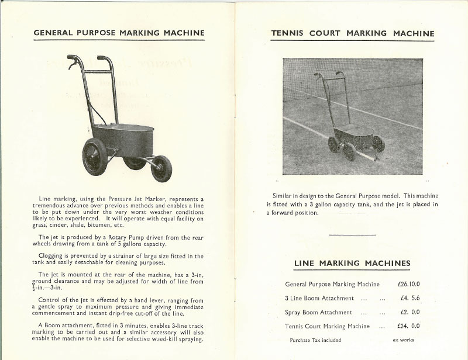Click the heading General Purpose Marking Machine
pyautogui.click(x=119, y=33)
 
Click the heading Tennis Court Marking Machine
pyautogui.click(x=353, y=33)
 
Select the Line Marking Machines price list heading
pyautogui.click(x=352, y=263)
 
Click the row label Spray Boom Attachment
pyautogui.click(x=318, y=313)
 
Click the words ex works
pyautogui.click(x=403, y=340)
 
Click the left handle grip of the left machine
pyautogui.click(x=72, y=60)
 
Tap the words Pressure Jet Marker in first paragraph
pyautogui.click(x=138, y=199)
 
